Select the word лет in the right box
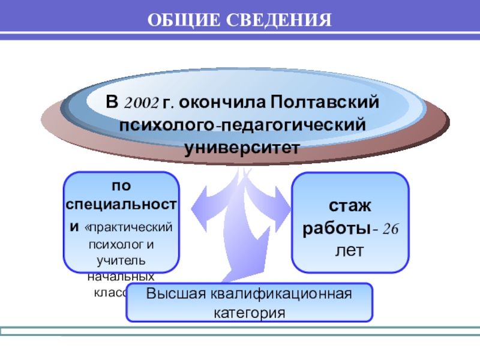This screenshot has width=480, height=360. (x=350, y=250)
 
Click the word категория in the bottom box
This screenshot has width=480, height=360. (x=249, y=313)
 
